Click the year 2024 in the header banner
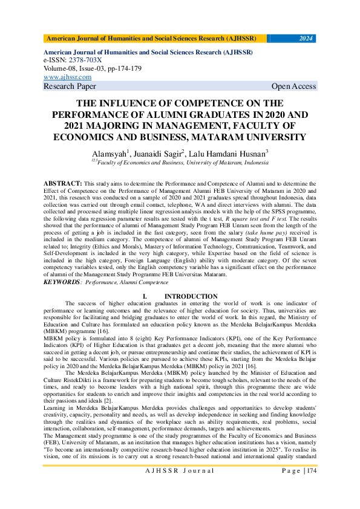point(306,39)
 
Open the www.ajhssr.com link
point(67,77)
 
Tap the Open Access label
point(293,86)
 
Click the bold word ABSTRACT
point(63,183)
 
